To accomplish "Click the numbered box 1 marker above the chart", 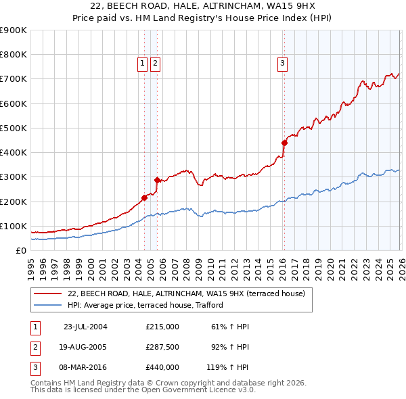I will (x=143, y=64).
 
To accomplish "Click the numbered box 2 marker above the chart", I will (x=155, y=64).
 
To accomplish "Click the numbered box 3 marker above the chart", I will (x=281, y=64).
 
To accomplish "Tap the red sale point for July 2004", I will (x=144, y=197).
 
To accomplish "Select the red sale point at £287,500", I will (x=157, y=180).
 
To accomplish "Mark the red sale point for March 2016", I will (x=284, y=143).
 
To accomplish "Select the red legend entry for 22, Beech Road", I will (x=187, y=294).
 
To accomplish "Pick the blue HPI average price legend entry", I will (x=145, y=305).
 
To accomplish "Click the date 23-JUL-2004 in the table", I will (x=85, y=327).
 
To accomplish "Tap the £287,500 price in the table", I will (x=162, y=347).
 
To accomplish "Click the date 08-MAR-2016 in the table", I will (x=85, y=367).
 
